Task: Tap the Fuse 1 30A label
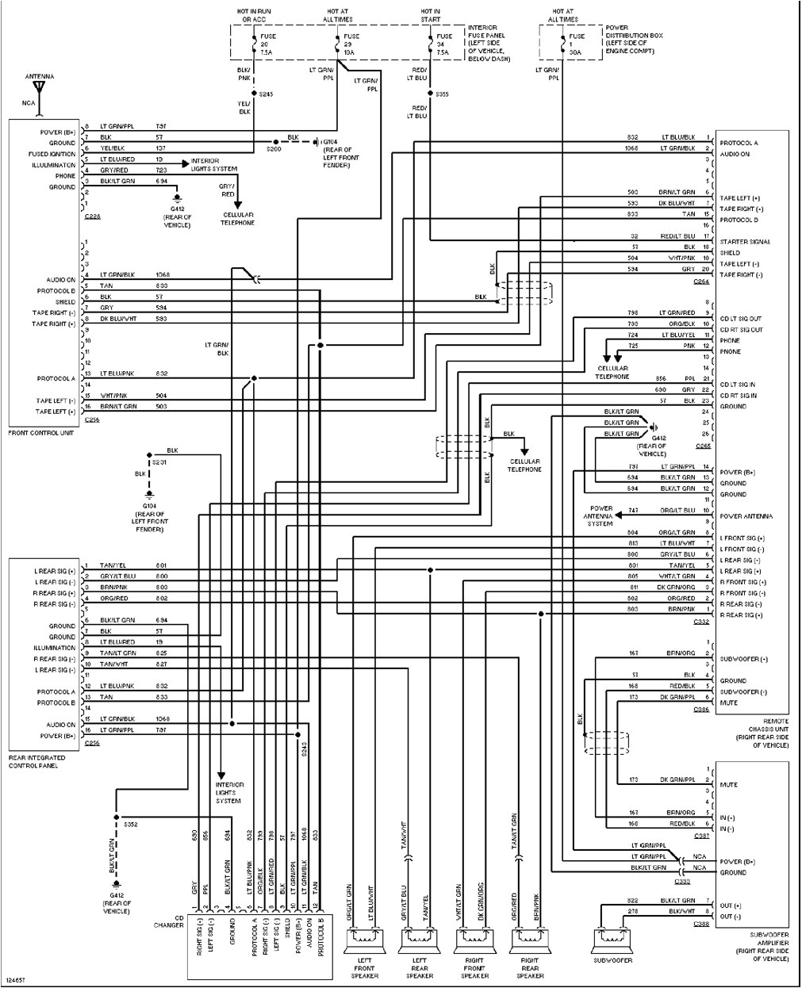pos(577,44)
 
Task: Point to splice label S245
pos(267,94)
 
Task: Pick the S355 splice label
pos(442,94)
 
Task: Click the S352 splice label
pos(132,825)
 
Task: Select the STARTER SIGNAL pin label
pos(745,242)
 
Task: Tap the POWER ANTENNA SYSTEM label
pos(601,516)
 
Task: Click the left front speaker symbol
pos(364,941)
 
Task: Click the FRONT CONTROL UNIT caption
pos(41,433)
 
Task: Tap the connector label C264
pos(701,281)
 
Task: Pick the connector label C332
pos(701,622)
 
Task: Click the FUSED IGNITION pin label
pos(53,155)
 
